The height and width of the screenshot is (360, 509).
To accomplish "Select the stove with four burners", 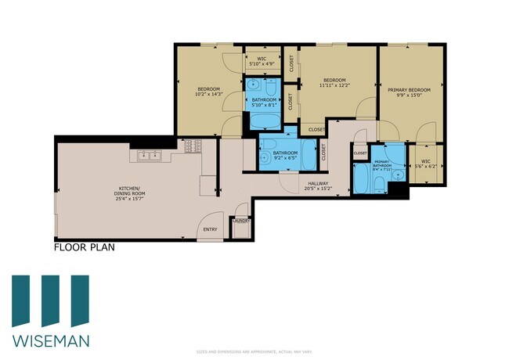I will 192,145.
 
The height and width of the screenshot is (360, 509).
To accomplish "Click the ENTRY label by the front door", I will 210,229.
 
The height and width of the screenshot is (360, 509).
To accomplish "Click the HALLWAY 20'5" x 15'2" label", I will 317,185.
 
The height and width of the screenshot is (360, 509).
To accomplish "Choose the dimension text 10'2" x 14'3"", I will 208,94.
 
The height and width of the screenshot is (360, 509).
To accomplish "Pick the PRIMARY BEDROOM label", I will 410,91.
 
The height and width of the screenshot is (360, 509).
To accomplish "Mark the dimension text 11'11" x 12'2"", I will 334,85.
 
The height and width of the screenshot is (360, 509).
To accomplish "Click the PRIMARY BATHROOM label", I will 381,164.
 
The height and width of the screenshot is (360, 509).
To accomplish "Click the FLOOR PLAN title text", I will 85,249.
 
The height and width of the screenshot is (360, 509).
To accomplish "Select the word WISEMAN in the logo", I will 50,340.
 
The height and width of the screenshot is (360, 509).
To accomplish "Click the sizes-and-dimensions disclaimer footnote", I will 254,353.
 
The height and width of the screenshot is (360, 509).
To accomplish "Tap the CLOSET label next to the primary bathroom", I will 360,154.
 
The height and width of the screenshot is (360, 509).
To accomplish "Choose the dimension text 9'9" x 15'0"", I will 410,96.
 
